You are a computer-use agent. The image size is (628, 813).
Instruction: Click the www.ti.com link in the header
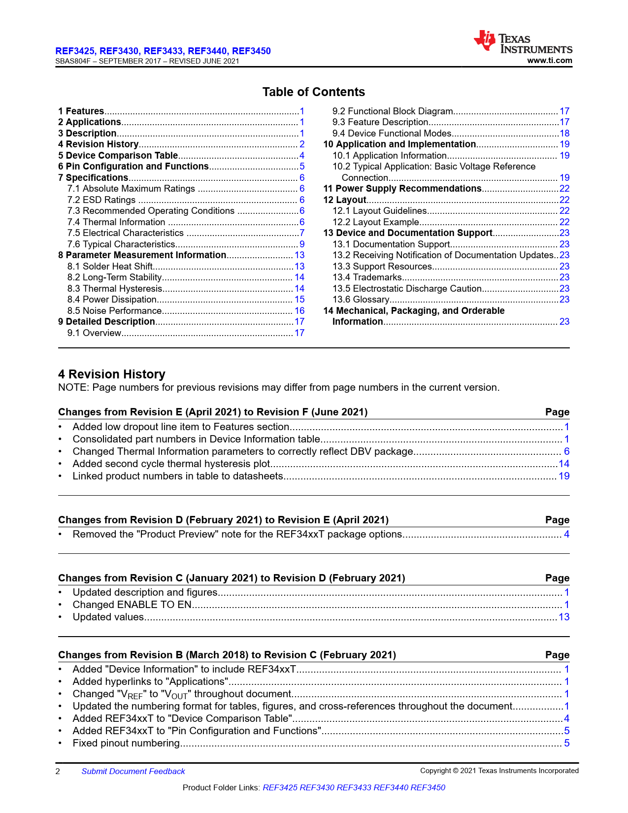[549, 61]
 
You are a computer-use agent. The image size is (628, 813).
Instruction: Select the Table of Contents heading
[313, 92]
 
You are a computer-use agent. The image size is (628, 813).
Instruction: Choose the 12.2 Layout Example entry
[376, 222]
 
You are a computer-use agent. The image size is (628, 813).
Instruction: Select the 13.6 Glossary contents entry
[361, 300]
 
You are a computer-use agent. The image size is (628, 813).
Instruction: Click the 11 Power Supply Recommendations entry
[402, 189]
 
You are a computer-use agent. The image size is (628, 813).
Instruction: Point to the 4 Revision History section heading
[112, 374]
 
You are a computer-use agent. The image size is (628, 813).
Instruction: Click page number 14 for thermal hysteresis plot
[564, 464]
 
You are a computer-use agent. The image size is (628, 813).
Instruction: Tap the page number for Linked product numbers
[564, 476]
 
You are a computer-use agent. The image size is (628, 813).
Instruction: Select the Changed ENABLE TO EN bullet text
[132, 605]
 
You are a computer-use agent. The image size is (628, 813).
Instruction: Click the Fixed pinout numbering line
[126, 744]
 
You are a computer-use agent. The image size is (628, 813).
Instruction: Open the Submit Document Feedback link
[133, 772]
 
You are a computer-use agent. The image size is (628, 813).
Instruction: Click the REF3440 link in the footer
[391, 788]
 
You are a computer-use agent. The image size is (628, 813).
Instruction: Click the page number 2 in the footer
[58, 772]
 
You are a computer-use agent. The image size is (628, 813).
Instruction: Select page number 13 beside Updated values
[564, 617]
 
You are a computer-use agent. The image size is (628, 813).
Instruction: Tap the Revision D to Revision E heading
[223, 520]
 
